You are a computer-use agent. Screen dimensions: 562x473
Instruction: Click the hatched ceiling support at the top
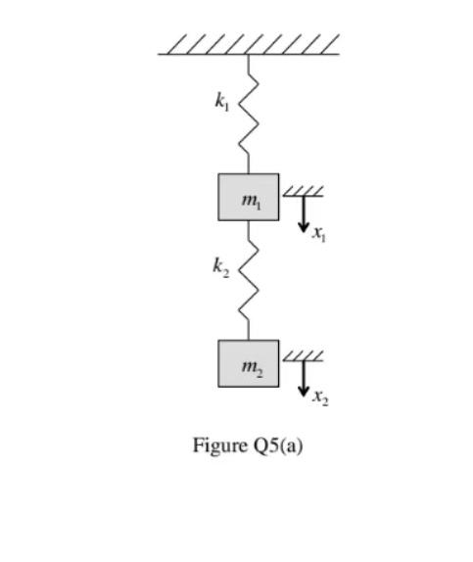(x=249, y=45)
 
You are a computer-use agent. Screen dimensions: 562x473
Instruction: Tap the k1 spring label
(x=223, y=100)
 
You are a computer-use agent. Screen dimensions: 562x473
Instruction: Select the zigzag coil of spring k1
(x=249, y=113)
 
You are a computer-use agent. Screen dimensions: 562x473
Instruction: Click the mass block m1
(x=249, y=197)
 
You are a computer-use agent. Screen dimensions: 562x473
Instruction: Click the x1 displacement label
(x=319, y=233)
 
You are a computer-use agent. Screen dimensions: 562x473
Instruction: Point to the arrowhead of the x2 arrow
(x=304, y=391)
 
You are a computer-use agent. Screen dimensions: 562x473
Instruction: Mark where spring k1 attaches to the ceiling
(x=249, y=55)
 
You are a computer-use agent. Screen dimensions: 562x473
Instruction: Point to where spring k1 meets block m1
(x=249, y=173)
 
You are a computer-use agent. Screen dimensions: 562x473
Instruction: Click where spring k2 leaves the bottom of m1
(x=249, y=221)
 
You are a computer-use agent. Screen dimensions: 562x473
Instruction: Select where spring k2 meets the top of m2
(x=249, y=341)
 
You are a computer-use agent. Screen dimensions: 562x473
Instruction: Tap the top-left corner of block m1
(x=218, y=174)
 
